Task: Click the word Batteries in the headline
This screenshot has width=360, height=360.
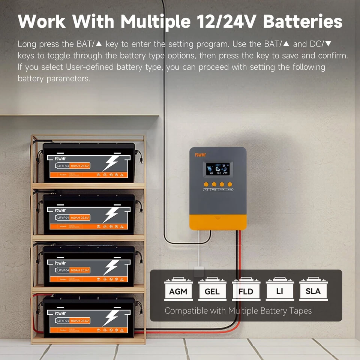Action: point(303,21)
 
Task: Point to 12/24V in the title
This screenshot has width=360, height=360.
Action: point(226,21)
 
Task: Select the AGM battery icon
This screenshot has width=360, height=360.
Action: point(178,289)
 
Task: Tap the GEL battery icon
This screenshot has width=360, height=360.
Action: point(212,289)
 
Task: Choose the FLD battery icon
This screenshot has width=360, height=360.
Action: point(246,289)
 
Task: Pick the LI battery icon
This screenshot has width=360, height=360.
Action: point(279,289)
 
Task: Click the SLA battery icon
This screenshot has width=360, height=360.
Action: point(313,289)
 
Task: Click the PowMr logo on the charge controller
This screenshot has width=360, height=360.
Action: point(201,154)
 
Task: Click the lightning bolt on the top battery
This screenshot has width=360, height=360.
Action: point(111,164)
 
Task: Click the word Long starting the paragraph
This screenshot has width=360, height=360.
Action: point(27,44)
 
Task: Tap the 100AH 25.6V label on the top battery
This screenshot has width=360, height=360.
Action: point(80,165)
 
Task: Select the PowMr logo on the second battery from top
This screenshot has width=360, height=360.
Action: point(60,210)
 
